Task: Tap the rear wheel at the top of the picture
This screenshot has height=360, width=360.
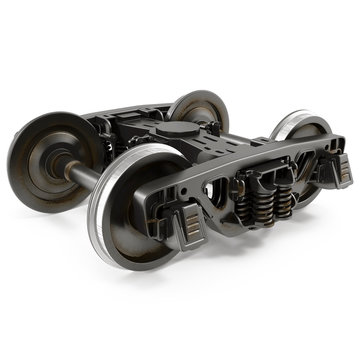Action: pyautogui.click(x=200, y=112)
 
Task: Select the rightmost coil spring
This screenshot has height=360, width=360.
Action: pyautogui.click(x=286, y=195)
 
